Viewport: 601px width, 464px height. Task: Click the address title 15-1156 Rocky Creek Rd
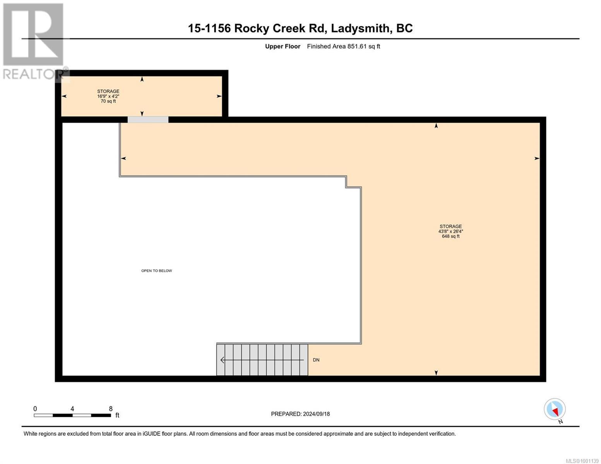coord(300,28)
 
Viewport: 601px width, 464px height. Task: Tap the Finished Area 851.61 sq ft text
coord(343,46)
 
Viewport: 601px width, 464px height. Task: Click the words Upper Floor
coord(283,46)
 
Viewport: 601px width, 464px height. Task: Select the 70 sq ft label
coord(108,101)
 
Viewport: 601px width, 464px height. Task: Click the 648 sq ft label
coord(450,236)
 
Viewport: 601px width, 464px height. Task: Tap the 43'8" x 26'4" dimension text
coord(450,231)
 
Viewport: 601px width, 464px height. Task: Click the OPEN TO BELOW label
coord(156,271)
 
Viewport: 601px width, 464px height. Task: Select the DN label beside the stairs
coord(316,360)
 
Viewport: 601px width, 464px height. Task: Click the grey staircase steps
coord(262,360)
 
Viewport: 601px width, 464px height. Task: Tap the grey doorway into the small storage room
coord(148,119)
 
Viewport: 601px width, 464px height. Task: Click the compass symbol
coord(555,409)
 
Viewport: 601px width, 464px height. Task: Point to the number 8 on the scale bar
coord(111,409)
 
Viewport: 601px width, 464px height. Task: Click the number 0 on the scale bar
coord(35,409)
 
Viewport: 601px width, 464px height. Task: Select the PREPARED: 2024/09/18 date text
coord(300,414)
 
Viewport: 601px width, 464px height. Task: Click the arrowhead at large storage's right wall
coord(537,158)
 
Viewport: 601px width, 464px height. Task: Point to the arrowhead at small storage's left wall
coord(64,96)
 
